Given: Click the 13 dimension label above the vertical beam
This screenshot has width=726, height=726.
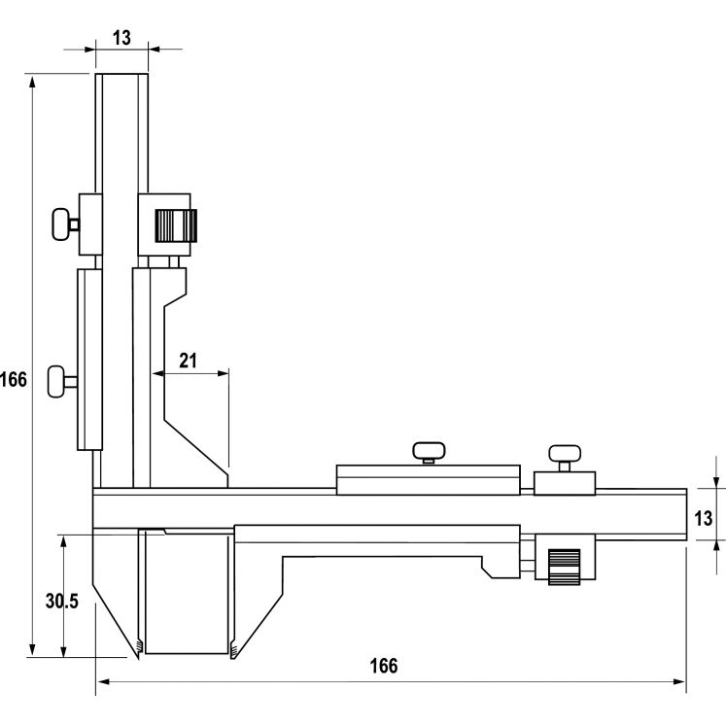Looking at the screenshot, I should click(122, 38).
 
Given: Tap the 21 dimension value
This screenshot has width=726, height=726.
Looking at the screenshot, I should click(189, 361).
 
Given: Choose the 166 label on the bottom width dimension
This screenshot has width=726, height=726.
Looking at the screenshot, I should click(384, 667).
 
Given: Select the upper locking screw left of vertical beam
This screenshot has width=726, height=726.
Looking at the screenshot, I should click(66, 224).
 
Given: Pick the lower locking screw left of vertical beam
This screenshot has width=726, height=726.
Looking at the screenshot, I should click(64, 377).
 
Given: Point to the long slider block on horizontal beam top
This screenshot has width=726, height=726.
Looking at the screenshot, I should click(428, 480).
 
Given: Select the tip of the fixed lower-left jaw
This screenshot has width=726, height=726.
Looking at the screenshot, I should click(138, 652).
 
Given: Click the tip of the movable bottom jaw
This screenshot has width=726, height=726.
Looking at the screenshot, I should click(233, 652).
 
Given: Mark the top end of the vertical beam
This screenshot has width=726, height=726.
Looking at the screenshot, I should click(122, 76).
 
